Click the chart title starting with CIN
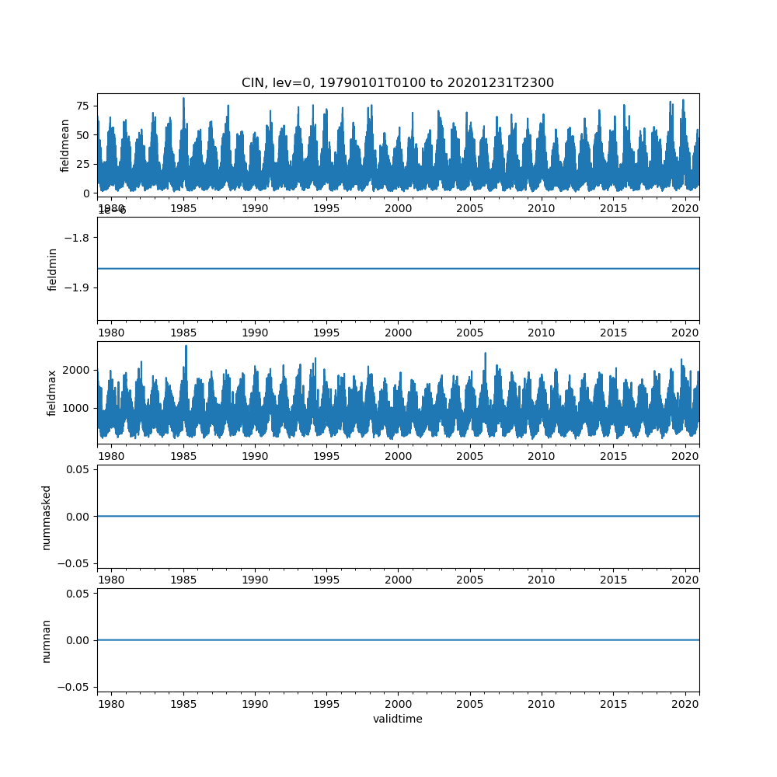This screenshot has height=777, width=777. coord(397,83)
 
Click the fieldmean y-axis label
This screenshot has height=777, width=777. coord(65,145)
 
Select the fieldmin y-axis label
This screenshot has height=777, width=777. coord(53,270)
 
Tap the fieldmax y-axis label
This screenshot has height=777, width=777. coord(53,393)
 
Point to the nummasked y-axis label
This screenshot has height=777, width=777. coord(47,517)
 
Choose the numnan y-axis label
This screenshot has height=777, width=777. coord(47,641)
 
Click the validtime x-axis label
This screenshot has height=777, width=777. coord(397,720)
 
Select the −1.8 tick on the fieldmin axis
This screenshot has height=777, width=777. coord(78,237)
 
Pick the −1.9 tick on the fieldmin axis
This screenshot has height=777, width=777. coord(78,287)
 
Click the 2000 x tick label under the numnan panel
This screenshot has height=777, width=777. coord(399,704)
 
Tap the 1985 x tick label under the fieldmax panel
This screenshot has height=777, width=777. coord(183,457)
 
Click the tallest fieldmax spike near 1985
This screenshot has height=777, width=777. coord(186,347)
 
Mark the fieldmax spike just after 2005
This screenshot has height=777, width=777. coord(486,354)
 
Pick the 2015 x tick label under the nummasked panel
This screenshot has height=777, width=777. coord(614,580)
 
